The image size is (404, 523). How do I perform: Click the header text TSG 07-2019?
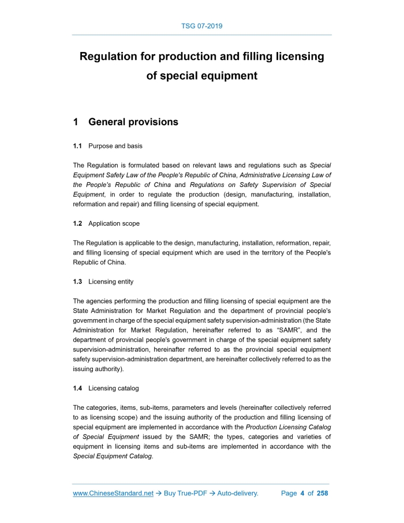tap(201, 26)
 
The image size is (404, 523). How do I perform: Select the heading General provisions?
tap(133, 122)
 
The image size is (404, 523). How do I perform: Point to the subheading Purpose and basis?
tap(115, 146)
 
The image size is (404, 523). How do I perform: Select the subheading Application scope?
tap(114, 223)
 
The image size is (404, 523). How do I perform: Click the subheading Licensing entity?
tap(111, 282)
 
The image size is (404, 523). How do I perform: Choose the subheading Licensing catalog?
tap(113, 388)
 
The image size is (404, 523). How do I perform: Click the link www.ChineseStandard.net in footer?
tap(113, 494)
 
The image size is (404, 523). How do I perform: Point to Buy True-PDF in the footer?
tap(186, 494)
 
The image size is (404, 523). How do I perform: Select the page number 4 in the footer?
tap(302, 494)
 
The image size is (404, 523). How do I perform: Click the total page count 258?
tap(323, 494)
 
